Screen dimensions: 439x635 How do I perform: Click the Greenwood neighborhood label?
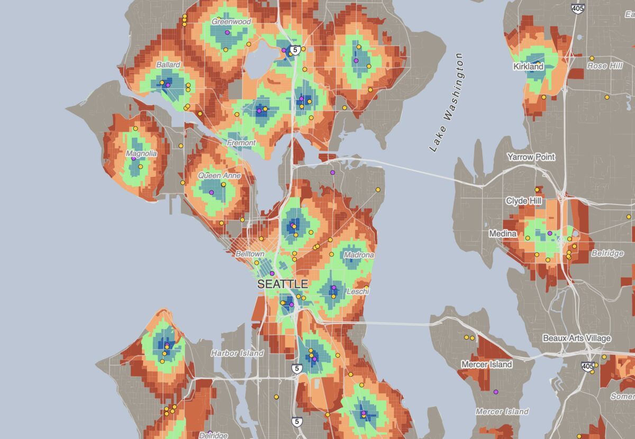pos(231,22)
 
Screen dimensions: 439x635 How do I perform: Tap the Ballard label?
pos(168,65)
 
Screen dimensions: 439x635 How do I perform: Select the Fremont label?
pos(241,143)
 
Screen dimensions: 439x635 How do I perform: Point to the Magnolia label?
pos(141,153)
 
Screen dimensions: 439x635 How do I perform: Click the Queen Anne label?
pos(219,175)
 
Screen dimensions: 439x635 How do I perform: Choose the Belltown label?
pos(250,254)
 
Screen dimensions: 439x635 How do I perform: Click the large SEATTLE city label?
pos(283,284)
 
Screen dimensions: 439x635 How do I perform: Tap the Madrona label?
pos(359,254)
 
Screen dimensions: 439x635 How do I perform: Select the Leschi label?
pos(357,291)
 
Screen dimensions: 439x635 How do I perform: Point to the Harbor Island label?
pos(237,353)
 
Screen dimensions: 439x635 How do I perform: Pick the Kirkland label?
pos(528,67)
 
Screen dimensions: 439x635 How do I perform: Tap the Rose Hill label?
pos(604,66)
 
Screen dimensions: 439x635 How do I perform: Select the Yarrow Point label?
pos(531,157)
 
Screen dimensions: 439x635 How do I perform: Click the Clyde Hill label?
pos(523,201)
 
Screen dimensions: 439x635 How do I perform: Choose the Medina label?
pos(500,233)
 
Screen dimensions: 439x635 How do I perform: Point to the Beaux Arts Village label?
pos(577,338)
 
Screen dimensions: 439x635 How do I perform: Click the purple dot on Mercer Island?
pos(496,392)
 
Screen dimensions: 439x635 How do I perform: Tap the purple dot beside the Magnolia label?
pos(133,159)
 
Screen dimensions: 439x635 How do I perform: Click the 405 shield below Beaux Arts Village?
pos(587,365)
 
